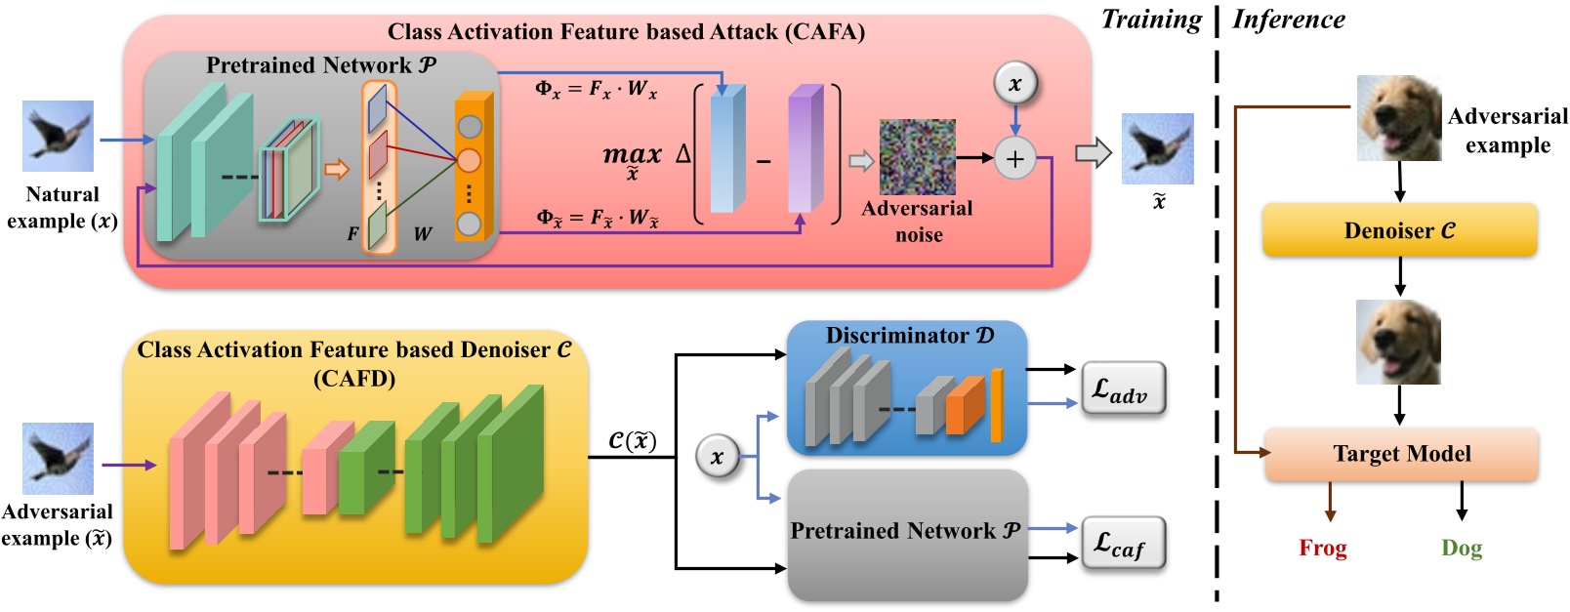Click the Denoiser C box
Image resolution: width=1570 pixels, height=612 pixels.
(x=1399, y=230)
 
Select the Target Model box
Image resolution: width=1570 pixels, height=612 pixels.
(x=1401, y=454)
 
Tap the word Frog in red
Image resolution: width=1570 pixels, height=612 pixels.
(x=1322, y=548)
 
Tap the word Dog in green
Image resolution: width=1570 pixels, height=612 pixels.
(x=1461, y=548)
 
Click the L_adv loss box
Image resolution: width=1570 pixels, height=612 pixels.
(x=1122, y=389)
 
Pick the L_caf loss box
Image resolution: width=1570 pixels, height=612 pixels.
(x=1122, y=544)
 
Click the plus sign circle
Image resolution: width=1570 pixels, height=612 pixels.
(x=1014, y=158)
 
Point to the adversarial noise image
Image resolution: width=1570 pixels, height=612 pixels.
(x=917, y=156)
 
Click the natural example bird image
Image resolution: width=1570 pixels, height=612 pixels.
(x=59, y=136)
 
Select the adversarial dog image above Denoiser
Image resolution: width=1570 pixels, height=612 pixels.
(x=1398, y=118)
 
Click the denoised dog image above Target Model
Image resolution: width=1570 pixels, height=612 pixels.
(x=1398, y=342)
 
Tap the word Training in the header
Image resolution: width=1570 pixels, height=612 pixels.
(x=1151, y=20)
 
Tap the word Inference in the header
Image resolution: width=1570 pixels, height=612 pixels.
(x=1288, y=20)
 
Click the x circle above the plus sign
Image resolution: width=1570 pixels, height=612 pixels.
(x=1014, y=84)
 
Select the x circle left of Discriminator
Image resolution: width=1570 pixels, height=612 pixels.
(x=717, y=457)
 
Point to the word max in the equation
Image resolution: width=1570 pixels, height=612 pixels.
(x=632, y=154)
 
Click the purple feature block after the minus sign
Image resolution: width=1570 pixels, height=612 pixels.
(x=806, y=149)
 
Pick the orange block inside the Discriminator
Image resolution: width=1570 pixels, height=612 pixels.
(x=965, y=406)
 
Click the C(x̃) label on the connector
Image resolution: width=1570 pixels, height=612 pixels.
(x=632, y=441)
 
